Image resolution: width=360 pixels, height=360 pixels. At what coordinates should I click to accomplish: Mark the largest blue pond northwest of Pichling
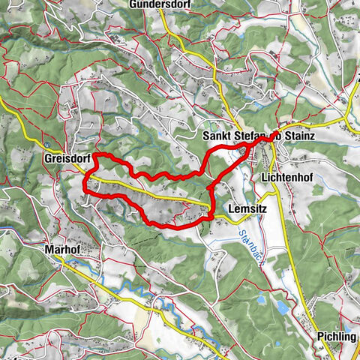[x=283, y=308]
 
